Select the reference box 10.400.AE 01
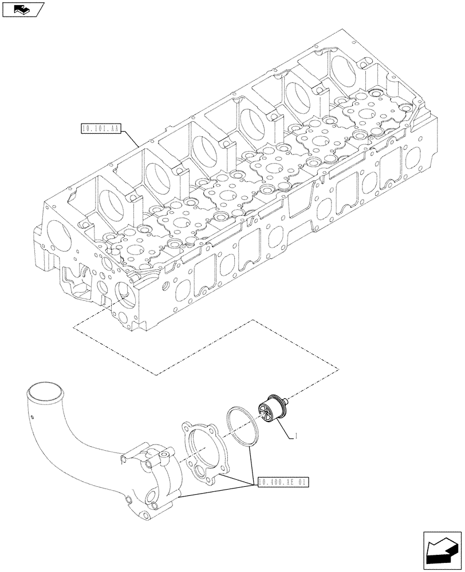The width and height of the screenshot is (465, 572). (x=283, y=482)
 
